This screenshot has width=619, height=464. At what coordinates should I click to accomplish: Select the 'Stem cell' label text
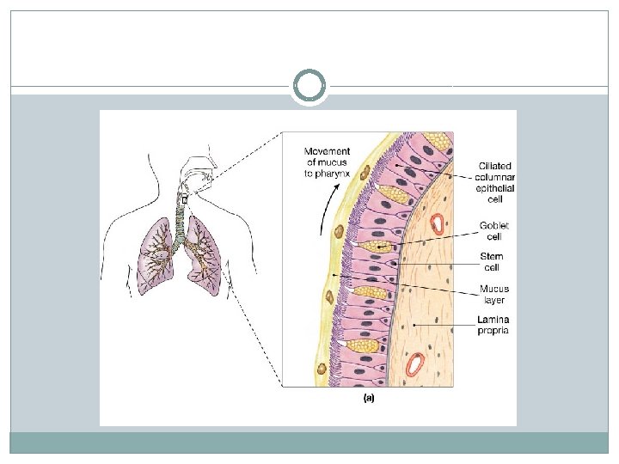point(492,261)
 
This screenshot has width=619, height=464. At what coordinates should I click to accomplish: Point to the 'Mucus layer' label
point(493,295)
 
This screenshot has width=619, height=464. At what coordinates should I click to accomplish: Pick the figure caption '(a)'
point(369,398)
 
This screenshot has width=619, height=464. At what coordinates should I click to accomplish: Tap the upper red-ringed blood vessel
point(439,224)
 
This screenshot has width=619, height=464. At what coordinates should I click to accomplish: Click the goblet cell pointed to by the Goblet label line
point(375,247)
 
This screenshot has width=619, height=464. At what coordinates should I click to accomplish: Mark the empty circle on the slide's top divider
point(309,87)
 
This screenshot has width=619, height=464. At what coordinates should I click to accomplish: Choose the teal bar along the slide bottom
point(309,443)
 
